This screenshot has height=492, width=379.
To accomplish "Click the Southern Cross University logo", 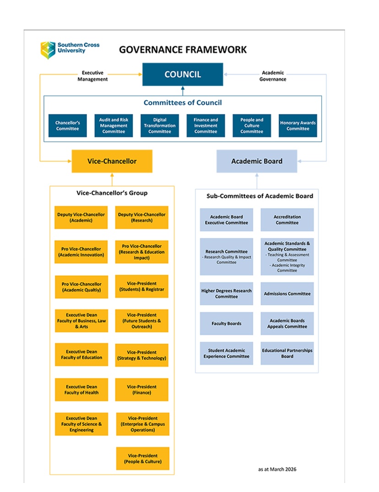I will point(69,49).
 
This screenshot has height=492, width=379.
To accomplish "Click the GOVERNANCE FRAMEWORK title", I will point(183,49).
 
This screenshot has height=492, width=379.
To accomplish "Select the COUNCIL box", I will point(183,74).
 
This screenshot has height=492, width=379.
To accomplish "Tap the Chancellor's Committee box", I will point(67,125).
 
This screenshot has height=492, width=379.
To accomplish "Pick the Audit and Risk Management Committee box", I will point(114,125).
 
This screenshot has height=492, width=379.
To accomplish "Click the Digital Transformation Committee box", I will point(159,125).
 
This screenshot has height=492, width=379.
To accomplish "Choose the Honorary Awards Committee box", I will point(298,125).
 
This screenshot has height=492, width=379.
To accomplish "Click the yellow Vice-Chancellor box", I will point(112,161).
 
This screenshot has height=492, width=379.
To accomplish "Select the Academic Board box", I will point(256,161).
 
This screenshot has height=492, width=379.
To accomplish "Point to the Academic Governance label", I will point(273,76).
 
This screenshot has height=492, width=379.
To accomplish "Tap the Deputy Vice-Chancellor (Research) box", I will point(141,217).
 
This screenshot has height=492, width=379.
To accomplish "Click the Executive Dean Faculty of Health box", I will point(81,389).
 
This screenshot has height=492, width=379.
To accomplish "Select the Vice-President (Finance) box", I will point(141,389).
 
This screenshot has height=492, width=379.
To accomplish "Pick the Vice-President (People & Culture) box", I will point(142,459).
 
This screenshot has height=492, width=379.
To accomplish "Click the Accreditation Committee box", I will point(287,220).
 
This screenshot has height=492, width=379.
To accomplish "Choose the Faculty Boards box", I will point(226,324).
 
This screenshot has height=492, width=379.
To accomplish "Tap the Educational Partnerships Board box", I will point(287,353).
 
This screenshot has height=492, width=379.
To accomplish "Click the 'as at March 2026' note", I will point(277,469).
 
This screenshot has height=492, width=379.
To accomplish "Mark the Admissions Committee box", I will point(287,294).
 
